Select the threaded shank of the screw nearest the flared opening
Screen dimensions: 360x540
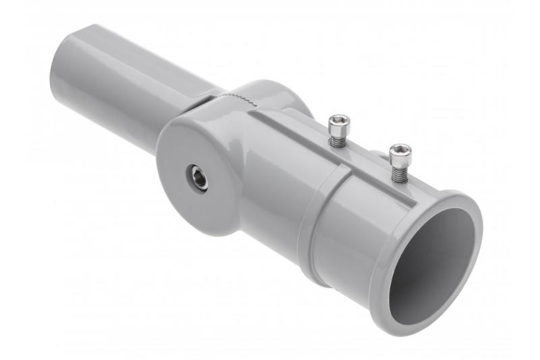[x=399, y=172]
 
